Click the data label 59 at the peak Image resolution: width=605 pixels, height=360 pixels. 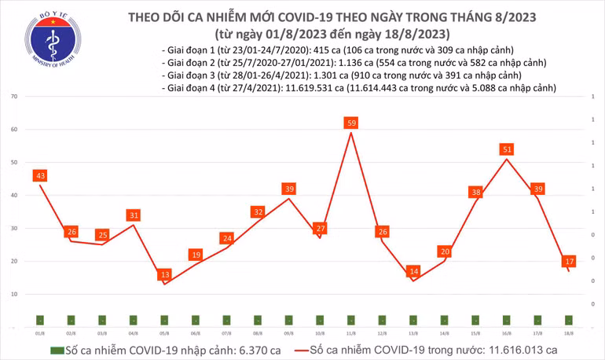click(352, 123)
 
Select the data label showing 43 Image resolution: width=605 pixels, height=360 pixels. click(41, 174)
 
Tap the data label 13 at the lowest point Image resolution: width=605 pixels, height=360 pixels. click(164, 274)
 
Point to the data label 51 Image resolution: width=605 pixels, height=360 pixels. click(507, 149)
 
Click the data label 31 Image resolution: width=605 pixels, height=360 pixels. click(134, 215)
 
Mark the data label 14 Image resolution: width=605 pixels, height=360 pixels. click(413, 271)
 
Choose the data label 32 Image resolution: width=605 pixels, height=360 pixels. click(258, 211)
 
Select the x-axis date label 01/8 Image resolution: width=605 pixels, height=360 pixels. click(39, 332)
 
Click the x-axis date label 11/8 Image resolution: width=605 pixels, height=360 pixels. click(351, 332)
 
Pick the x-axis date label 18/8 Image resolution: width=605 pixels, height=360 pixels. click(569, 332)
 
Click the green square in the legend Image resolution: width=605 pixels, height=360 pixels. click(57, 350)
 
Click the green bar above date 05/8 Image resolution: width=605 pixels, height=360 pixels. click(164, 320)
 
